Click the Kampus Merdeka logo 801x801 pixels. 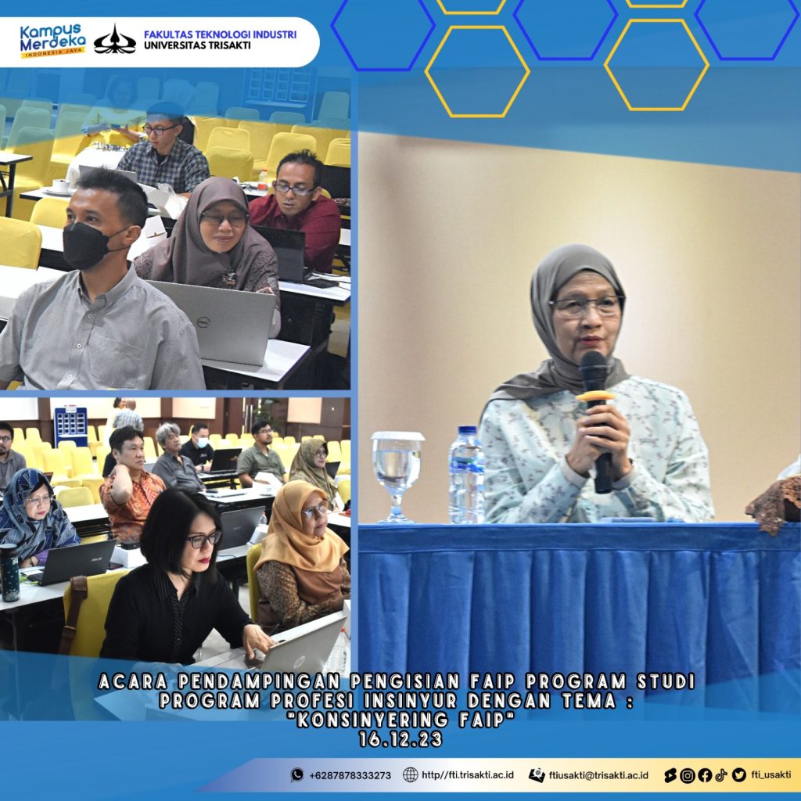coord(52,41)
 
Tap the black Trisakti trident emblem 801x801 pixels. coord(115,40)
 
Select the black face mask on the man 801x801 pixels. coord(87,245)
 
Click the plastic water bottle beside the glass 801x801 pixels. coord(466,475)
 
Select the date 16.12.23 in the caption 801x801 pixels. coord(400,739)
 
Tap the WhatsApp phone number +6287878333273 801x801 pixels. coord(350,775)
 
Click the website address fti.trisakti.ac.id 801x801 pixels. coord(468,775)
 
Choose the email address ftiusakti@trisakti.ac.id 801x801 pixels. coord(598,775)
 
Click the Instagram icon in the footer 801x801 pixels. coord(688,775)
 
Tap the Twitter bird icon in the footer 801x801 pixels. coord(738,775)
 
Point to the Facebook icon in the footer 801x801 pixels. coord(705,775)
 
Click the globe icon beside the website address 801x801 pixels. coord(410,775)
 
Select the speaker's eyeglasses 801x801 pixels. coord(586,306)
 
